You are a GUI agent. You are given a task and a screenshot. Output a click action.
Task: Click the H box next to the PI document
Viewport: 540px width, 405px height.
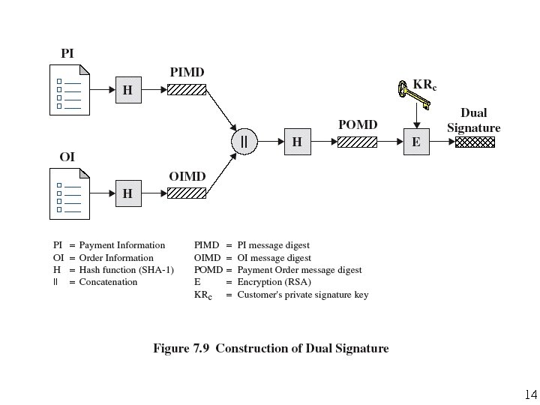[x=127, y=89]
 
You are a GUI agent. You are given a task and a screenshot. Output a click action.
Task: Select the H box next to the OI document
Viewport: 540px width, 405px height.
[x=127, y=193]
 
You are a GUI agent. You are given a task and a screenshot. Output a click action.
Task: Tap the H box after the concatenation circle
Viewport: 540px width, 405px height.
[x=297, y=141]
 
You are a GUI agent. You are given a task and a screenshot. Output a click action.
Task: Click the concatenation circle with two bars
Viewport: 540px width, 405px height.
[x=244, y=141]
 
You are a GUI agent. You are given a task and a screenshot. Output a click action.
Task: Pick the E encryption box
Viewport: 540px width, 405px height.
[x=416, y=141]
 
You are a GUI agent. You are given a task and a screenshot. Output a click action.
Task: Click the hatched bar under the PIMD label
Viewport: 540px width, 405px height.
[x=186, y=89]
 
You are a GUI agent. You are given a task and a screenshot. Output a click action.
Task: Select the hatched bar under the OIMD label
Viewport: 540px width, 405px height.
[x=186, y=193]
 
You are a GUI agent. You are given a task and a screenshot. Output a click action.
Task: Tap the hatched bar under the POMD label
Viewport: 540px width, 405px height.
[x=357, y=141]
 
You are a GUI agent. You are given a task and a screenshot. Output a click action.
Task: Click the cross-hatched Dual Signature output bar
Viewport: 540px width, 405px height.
[x=475, y=141]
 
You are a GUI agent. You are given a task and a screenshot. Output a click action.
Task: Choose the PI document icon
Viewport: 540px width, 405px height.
[x=70, y=90]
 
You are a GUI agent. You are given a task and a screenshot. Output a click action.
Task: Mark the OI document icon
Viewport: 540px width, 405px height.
[x=70, y=193]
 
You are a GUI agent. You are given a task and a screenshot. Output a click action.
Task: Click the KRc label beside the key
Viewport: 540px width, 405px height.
[x=424, y=85]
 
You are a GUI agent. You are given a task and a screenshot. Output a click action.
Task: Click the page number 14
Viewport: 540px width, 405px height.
[x=530, y=394]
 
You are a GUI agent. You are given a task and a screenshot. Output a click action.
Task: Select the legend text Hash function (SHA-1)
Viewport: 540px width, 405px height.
[x=126, y=270]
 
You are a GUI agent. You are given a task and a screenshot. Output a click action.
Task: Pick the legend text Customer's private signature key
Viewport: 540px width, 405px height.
[x=302, y=295]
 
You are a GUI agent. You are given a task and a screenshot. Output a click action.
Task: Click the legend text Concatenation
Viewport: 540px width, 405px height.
[x=108, y=282]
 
